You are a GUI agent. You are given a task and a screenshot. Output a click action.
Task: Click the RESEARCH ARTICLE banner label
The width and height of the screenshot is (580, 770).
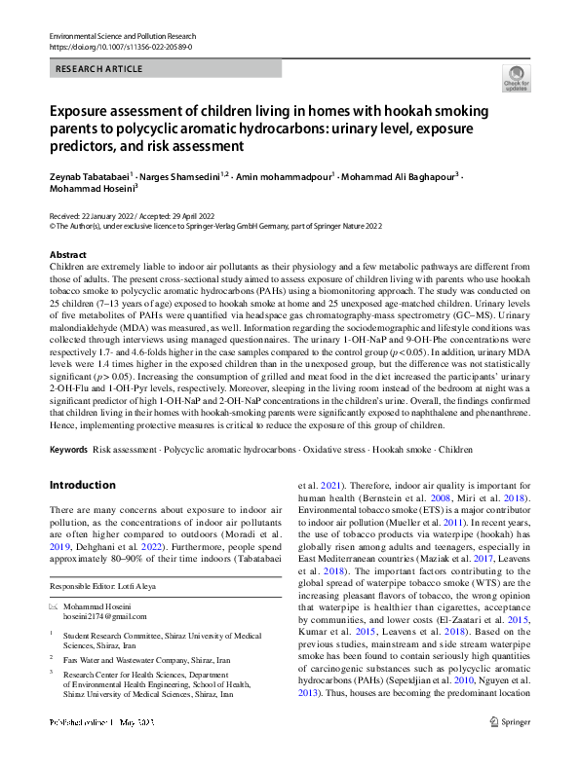coord(100,69)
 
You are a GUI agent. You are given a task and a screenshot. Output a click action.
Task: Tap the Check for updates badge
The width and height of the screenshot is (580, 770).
coord(516,78)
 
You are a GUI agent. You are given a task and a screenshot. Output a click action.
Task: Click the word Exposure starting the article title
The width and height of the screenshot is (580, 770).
coord(83,111)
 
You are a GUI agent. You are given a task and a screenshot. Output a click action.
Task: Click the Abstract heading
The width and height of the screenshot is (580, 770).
coord(67,253)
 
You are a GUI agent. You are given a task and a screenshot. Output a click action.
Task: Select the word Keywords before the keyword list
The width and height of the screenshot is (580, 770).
coord(68,450)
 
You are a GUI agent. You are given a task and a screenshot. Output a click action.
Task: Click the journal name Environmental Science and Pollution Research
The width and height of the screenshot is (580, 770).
coord(122,35)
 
